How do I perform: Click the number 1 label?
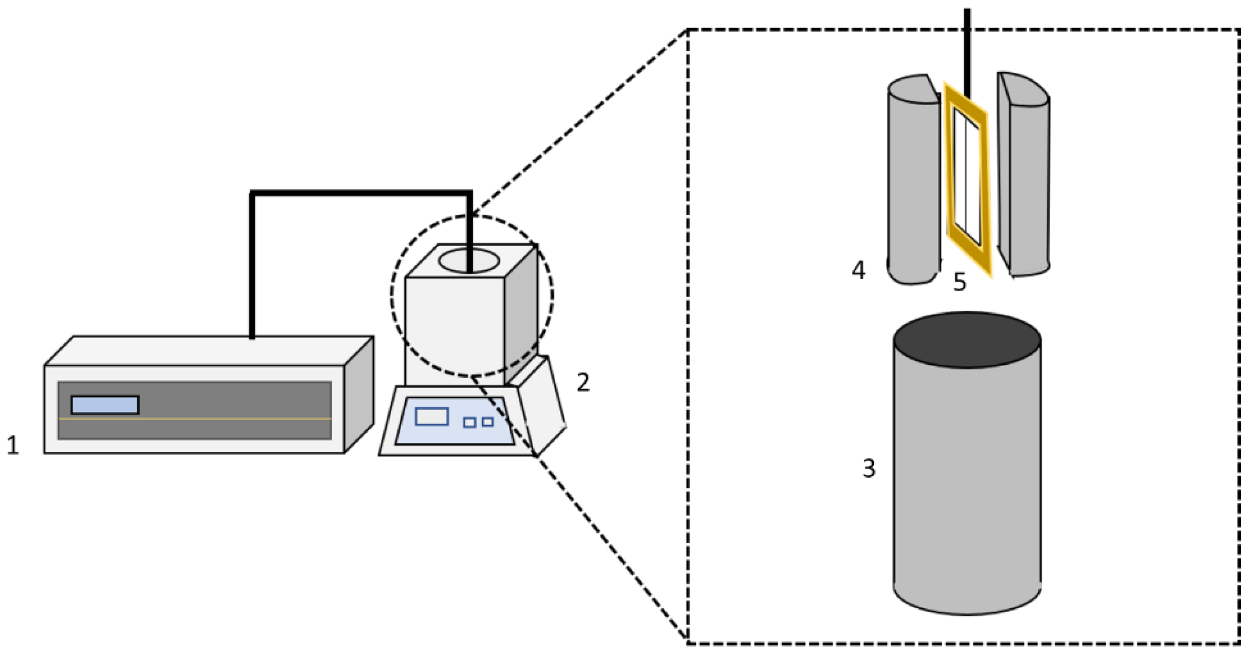[12, 445]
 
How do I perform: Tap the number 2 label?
[583, 382]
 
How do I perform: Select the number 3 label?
[869, 468]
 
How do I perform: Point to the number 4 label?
[858, 270]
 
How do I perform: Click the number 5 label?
[959, 282]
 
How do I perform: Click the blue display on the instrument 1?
[105, 405]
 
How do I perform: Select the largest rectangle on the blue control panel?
[431, 417]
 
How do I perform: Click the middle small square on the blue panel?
[469, 422]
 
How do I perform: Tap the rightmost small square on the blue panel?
[488, 422]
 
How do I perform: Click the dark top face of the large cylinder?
[967, 340]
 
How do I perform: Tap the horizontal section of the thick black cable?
[360, 193]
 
